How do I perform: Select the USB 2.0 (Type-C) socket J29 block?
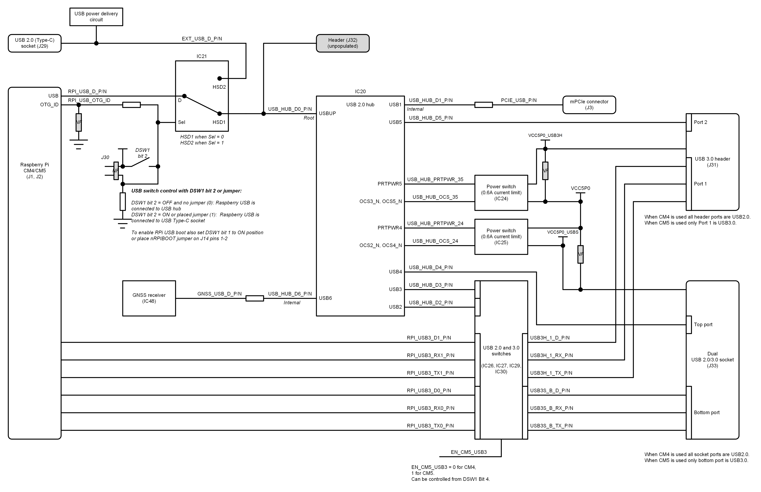pyautogui.click(x=34, y=43)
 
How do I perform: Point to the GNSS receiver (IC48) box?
pyautogui.click(x=149, y=298)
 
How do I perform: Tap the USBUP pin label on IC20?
pyautogui.click(x=327, y=113)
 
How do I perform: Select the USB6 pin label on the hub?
pyautogui.click(x=325, y=298)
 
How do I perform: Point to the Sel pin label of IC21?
pyautogui.click(x=182, y=122)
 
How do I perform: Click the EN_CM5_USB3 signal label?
pyautogui.click(x=469, y=452)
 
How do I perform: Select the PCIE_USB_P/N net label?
pyautogui.click(x=519, y=100)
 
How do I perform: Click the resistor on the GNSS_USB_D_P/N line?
pyautogui.click(x=255, y=298)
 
